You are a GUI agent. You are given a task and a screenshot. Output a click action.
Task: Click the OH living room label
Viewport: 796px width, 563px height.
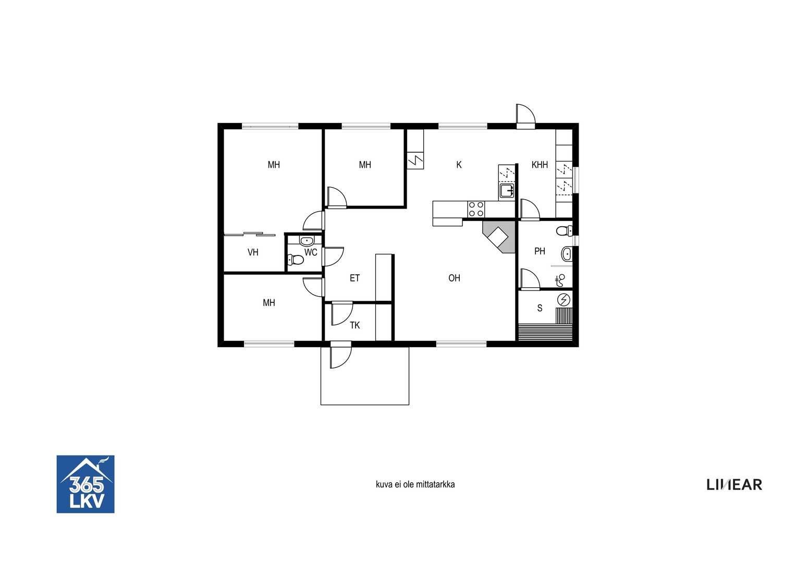coord(454,278)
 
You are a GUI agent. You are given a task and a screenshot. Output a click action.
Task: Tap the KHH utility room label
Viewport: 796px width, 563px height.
coord(540,165)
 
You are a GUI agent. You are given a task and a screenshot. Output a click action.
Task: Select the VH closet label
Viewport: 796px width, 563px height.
coord(253,252)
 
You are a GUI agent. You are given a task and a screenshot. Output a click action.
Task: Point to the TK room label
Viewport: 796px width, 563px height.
coord(354,325)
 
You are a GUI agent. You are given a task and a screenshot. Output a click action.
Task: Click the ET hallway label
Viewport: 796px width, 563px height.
coord(354,278)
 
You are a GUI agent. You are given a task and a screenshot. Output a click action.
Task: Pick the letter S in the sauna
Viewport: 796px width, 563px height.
coord(540,308)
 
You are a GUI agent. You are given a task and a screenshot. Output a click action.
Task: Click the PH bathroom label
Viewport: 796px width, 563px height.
coord(540,251)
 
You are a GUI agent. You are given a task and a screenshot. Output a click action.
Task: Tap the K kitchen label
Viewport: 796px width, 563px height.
coord(459,165)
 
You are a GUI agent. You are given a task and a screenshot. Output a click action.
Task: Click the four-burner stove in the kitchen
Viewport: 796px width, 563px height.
coord(476,209)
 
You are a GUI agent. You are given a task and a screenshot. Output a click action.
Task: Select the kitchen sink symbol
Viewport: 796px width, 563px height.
coord(507,191)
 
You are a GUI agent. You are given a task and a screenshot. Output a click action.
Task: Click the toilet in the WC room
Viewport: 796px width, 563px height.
coord(295,260)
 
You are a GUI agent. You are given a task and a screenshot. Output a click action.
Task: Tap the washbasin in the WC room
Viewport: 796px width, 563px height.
coord(306,241)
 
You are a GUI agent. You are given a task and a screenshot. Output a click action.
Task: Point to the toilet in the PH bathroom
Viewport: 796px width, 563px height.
coord(565,231)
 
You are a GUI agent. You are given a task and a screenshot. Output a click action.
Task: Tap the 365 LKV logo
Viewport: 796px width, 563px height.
coord(85,484)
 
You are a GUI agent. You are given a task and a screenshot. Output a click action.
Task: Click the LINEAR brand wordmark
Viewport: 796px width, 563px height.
coord(734,484)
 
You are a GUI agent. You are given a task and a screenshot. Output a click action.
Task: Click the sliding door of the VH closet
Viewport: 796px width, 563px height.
coord(250,234)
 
